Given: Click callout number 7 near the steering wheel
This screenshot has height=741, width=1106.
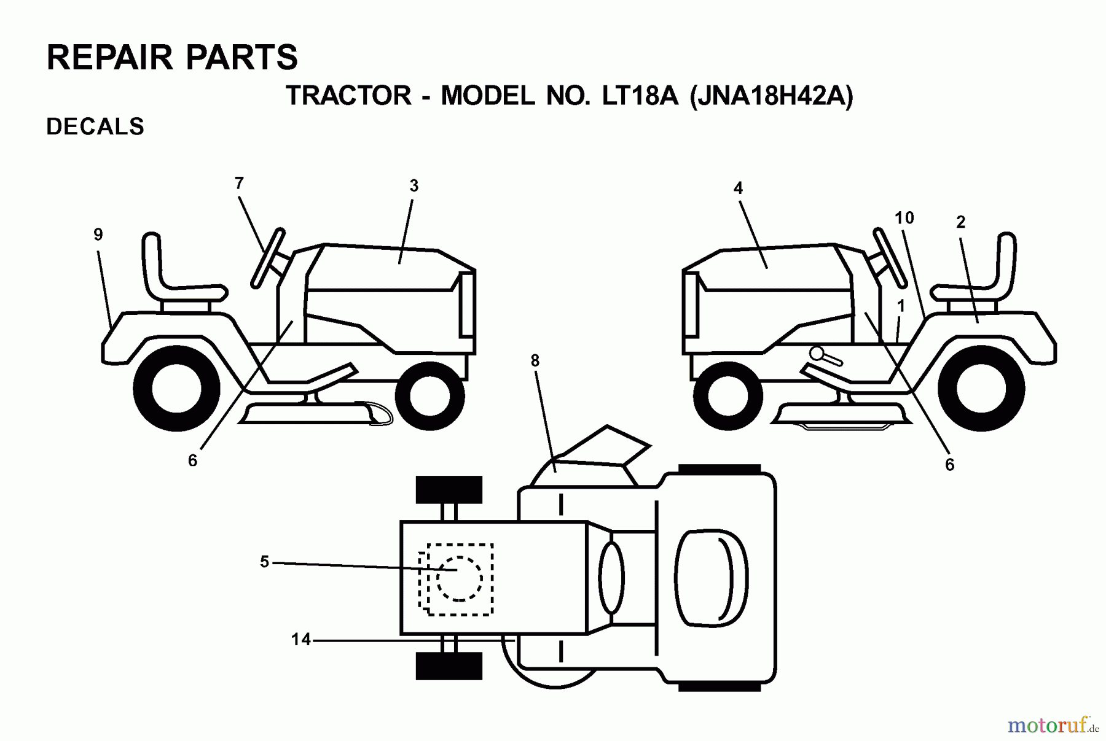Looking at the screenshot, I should pos(239,183).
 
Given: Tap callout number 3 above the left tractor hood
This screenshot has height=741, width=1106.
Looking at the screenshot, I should pos(414,186).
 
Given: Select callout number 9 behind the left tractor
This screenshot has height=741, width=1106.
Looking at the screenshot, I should pos(98,235).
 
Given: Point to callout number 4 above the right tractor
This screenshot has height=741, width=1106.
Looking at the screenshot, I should pos(738,188).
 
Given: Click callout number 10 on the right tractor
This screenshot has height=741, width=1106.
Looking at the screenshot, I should pos(904,218).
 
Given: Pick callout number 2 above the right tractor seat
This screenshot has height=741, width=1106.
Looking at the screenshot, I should pos(961,222).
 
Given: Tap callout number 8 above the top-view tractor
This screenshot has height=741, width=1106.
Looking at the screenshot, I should pos(535,361).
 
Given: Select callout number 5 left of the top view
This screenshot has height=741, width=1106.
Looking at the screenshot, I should pos(264,562).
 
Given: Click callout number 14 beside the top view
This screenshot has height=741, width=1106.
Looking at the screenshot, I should pos(300,640).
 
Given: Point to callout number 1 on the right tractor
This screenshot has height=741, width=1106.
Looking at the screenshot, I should pos(901,306).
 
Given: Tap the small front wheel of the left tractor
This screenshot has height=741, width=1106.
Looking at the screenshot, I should pos(429,396).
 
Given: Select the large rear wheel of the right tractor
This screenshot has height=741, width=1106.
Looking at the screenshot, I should pos(981,389).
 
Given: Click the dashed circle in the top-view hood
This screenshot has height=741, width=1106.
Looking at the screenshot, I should pos(459,578).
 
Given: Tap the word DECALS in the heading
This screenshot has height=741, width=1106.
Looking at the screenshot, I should pos(95,126).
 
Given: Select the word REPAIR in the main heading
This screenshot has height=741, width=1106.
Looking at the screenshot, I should pos(110,58).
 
